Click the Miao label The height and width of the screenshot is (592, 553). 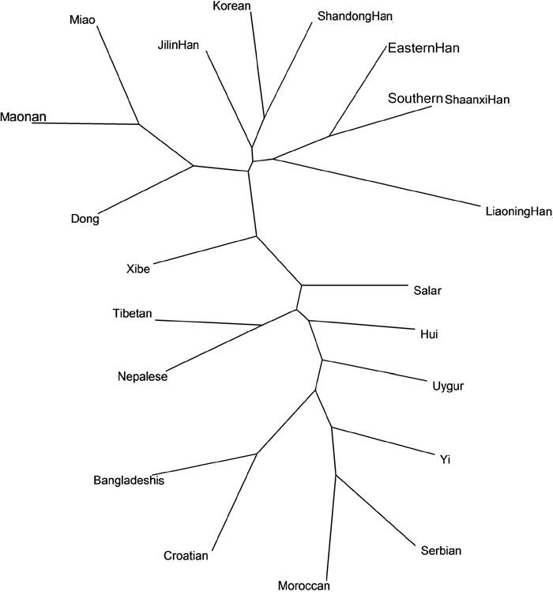tap(82, 19)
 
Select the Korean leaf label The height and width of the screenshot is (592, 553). tap(232, 6)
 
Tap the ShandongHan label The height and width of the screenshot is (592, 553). tap(354, 16)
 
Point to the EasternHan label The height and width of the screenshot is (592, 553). tap(423, 49)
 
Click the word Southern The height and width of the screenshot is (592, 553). tap(415, 99)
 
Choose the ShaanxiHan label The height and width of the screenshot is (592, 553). tap(478, 100)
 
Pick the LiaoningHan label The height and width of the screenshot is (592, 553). tap(517, 211)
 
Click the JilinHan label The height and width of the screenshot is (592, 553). tap(178, 44)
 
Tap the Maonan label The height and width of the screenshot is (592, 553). tap(23, 117)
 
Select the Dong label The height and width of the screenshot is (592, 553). tap(85, 219)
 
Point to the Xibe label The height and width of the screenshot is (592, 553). tap(137, 268)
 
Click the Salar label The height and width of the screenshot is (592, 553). tap(427, 290)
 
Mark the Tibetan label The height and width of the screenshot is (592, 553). tap(133, 313)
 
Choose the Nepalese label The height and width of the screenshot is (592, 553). tap(142, 376)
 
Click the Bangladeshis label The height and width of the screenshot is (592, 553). tap(129, 480)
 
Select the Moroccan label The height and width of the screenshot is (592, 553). tap(303, 586)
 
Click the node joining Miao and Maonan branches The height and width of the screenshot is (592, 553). tap(139, 124)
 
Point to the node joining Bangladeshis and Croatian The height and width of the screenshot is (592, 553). tap(257, 454)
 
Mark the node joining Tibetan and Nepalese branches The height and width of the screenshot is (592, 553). tap(263, 325)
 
